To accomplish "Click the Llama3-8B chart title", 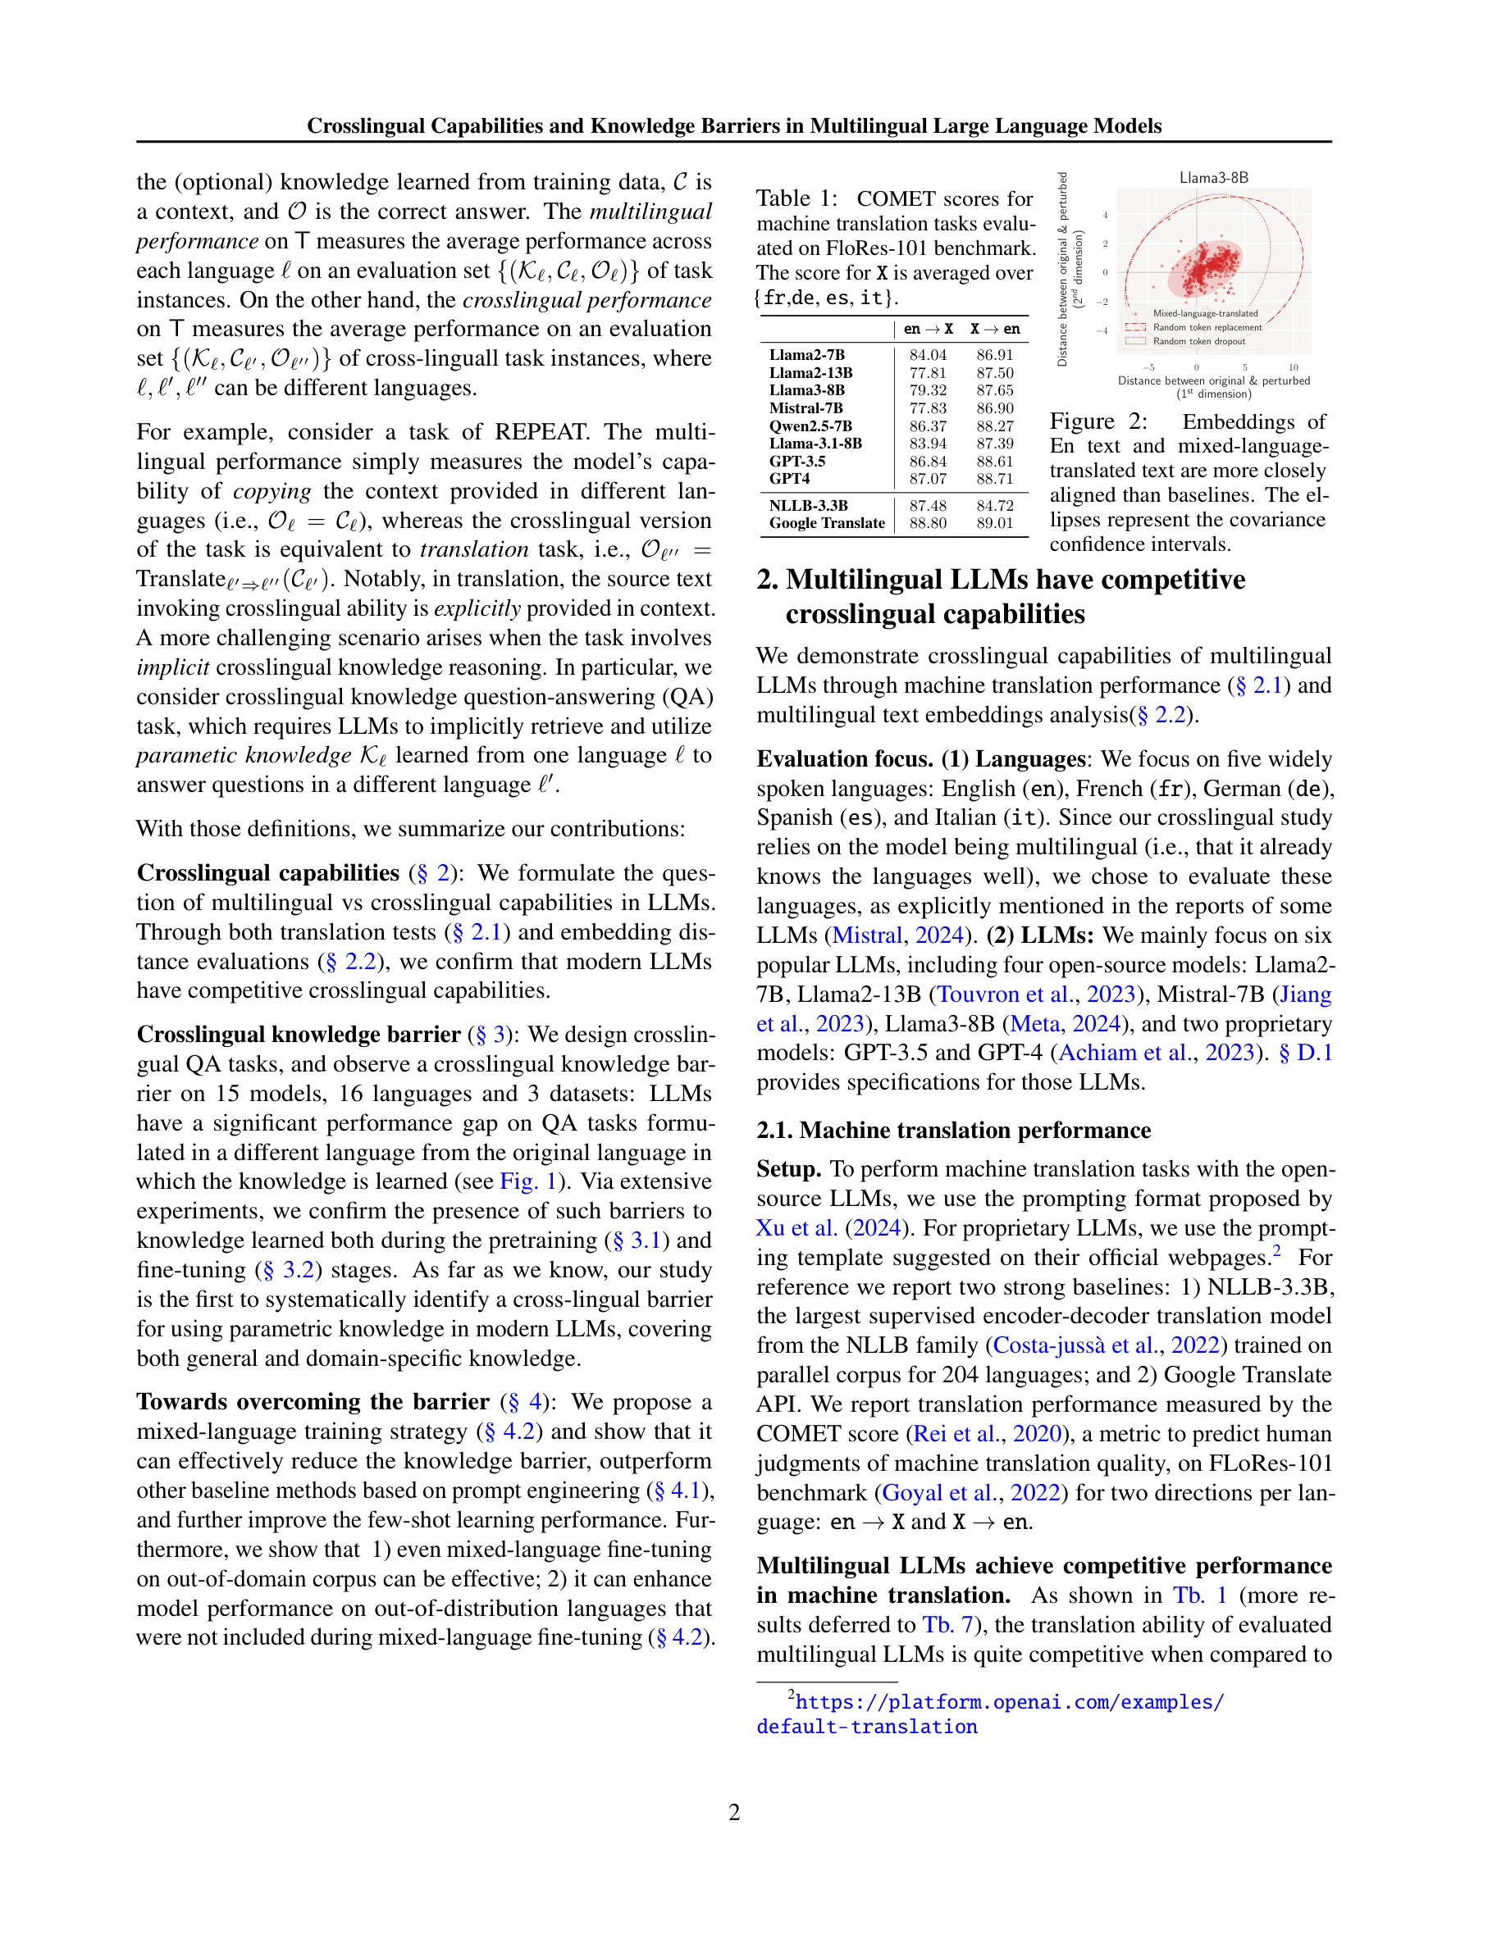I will [x=1213, y=177].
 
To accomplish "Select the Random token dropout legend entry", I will [x=1198, y=342].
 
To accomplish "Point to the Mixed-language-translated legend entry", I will [x=1204, y=314].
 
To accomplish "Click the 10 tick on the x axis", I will [x=1293, y=367].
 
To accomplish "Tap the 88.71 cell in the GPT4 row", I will [x=995, y=479].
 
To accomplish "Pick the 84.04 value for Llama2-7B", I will [x=928, y=355].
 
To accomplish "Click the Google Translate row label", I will [x=827, y=524].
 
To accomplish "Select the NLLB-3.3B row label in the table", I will [x=808, y=506].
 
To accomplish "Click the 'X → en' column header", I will [x=995, y=329].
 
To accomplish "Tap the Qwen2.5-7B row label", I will [x=811, y=426].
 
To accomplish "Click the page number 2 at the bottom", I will [x=734, y=1812].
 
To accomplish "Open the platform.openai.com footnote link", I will [x=1009, y=1702].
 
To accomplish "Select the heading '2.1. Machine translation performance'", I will [x=953, y=1130].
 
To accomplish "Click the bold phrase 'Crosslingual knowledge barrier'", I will [x=298, y=1035].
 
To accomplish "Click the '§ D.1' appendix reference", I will [x=1305, y=1054].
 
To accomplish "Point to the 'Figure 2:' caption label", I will [x=1098, y=422].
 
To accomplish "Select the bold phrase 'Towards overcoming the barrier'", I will [x=313, y=1402].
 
